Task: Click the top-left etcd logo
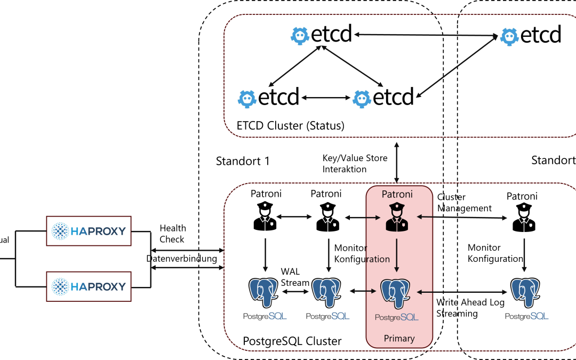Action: [321, 35]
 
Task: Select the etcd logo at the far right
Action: [530, 35]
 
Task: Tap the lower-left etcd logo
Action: [268, 98]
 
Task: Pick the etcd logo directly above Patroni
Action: [383, 98]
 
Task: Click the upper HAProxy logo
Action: [89, 231]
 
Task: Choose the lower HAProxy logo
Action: [89, 286]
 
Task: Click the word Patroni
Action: [398, 194]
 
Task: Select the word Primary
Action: [399, 338]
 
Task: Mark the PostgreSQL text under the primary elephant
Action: [397, 317]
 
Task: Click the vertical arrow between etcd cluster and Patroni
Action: [396, 162]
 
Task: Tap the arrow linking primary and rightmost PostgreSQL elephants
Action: [462, 292]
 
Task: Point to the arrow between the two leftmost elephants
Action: [295, 292]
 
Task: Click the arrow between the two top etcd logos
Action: [426, 35]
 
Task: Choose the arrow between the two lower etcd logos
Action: [325, 98]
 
